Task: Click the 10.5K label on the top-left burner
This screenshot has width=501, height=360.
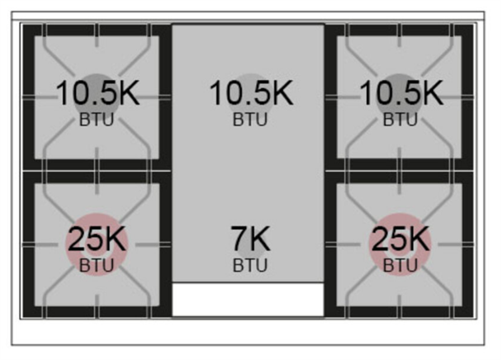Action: coord(98,93)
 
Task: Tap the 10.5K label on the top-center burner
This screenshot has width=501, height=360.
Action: coord(251,93)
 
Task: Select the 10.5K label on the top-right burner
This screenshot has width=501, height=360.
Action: coord(401,93)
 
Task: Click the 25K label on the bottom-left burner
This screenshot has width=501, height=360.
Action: coord(97,239)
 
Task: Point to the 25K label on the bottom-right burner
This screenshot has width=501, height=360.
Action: coord(400,239)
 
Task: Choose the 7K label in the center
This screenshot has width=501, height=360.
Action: coord(250,239)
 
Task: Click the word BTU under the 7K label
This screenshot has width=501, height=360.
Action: coord(250,265)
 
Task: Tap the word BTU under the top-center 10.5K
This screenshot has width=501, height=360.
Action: coord(250,120)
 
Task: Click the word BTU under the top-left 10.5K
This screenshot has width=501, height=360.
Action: coord(96,120)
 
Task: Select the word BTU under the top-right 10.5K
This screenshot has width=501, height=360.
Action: coord(400,120)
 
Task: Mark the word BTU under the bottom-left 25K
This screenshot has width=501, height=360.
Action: coord(96,265)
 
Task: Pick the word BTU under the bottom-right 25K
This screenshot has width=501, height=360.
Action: coord(400,265)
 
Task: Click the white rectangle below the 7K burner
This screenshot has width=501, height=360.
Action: coord(248,299)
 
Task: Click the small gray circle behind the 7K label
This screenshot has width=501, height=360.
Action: coord(251,254)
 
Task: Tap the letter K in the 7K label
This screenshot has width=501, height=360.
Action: coord(259,239)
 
